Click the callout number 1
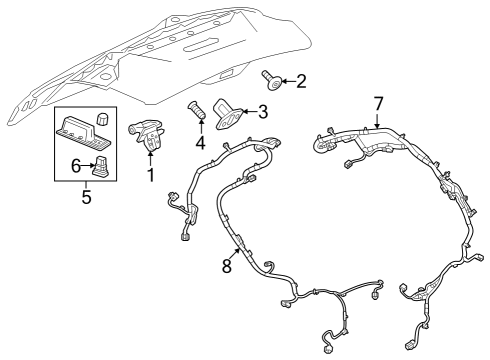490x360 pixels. coord(151,175)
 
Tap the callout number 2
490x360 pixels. coord(301,81)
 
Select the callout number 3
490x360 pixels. coord(263,112)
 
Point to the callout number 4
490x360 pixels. coord(200,142)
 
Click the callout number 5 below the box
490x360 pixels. coord(86,197)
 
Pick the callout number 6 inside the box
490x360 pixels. coord(76,166)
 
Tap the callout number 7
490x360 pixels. coord(378,104)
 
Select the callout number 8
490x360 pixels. coord(227,266)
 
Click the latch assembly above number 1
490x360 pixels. coord(147,135)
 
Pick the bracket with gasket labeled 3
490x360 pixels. coord(227,114)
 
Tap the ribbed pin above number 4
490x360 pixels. coord(197,111)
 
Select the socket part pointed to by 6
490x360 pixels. coord(101,166)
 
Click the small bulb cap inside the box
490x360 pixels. coord(102,120)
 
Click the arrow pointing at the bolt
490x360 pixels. coord(289,81)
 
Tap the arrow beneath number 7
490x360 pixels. coord(377,121)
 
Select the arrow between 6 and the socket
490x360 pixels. coord(88,165)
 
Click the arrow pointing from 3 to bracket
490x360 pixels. coord(250,111)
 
